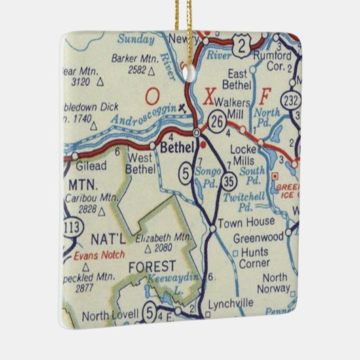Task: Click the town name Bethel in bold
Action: pos(179,147)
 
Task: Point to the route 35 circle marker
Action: pos(231,181)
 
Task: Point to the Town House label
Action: pos(247,221)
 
